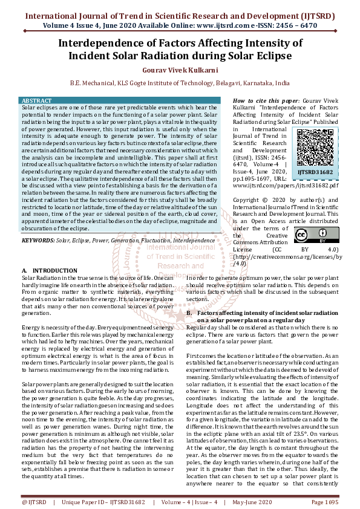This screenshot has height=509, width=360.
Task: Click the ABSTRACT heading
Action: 38,101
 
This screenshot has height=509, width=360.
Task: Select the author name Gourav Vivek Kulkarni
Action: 180,70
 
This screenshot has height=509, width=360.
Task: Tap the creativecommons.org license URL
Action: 287,257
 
